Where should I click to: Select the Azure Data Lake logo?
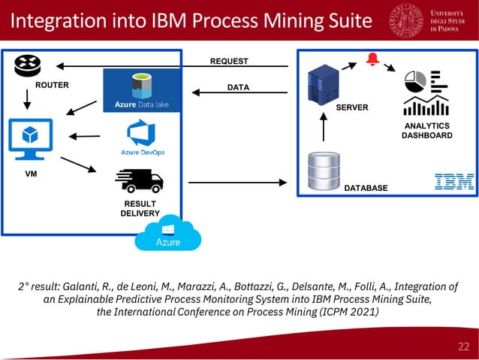[142, 90]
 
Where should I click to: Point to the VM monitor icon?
[29, 139]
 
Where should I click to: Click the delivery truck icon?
[139, 181]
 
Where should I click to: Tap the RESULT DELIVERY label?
[140, 208]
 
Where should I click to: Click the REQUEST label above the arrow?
[229, 61]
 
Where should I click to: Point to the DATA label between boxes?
[238, 88]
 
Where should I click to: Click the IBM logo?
[454, 181]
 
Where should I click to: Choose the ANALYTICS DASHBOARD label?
[426, 131]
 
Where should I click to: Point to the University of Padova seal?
[405, 20]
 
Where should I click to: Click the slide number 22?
[463, 346]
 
